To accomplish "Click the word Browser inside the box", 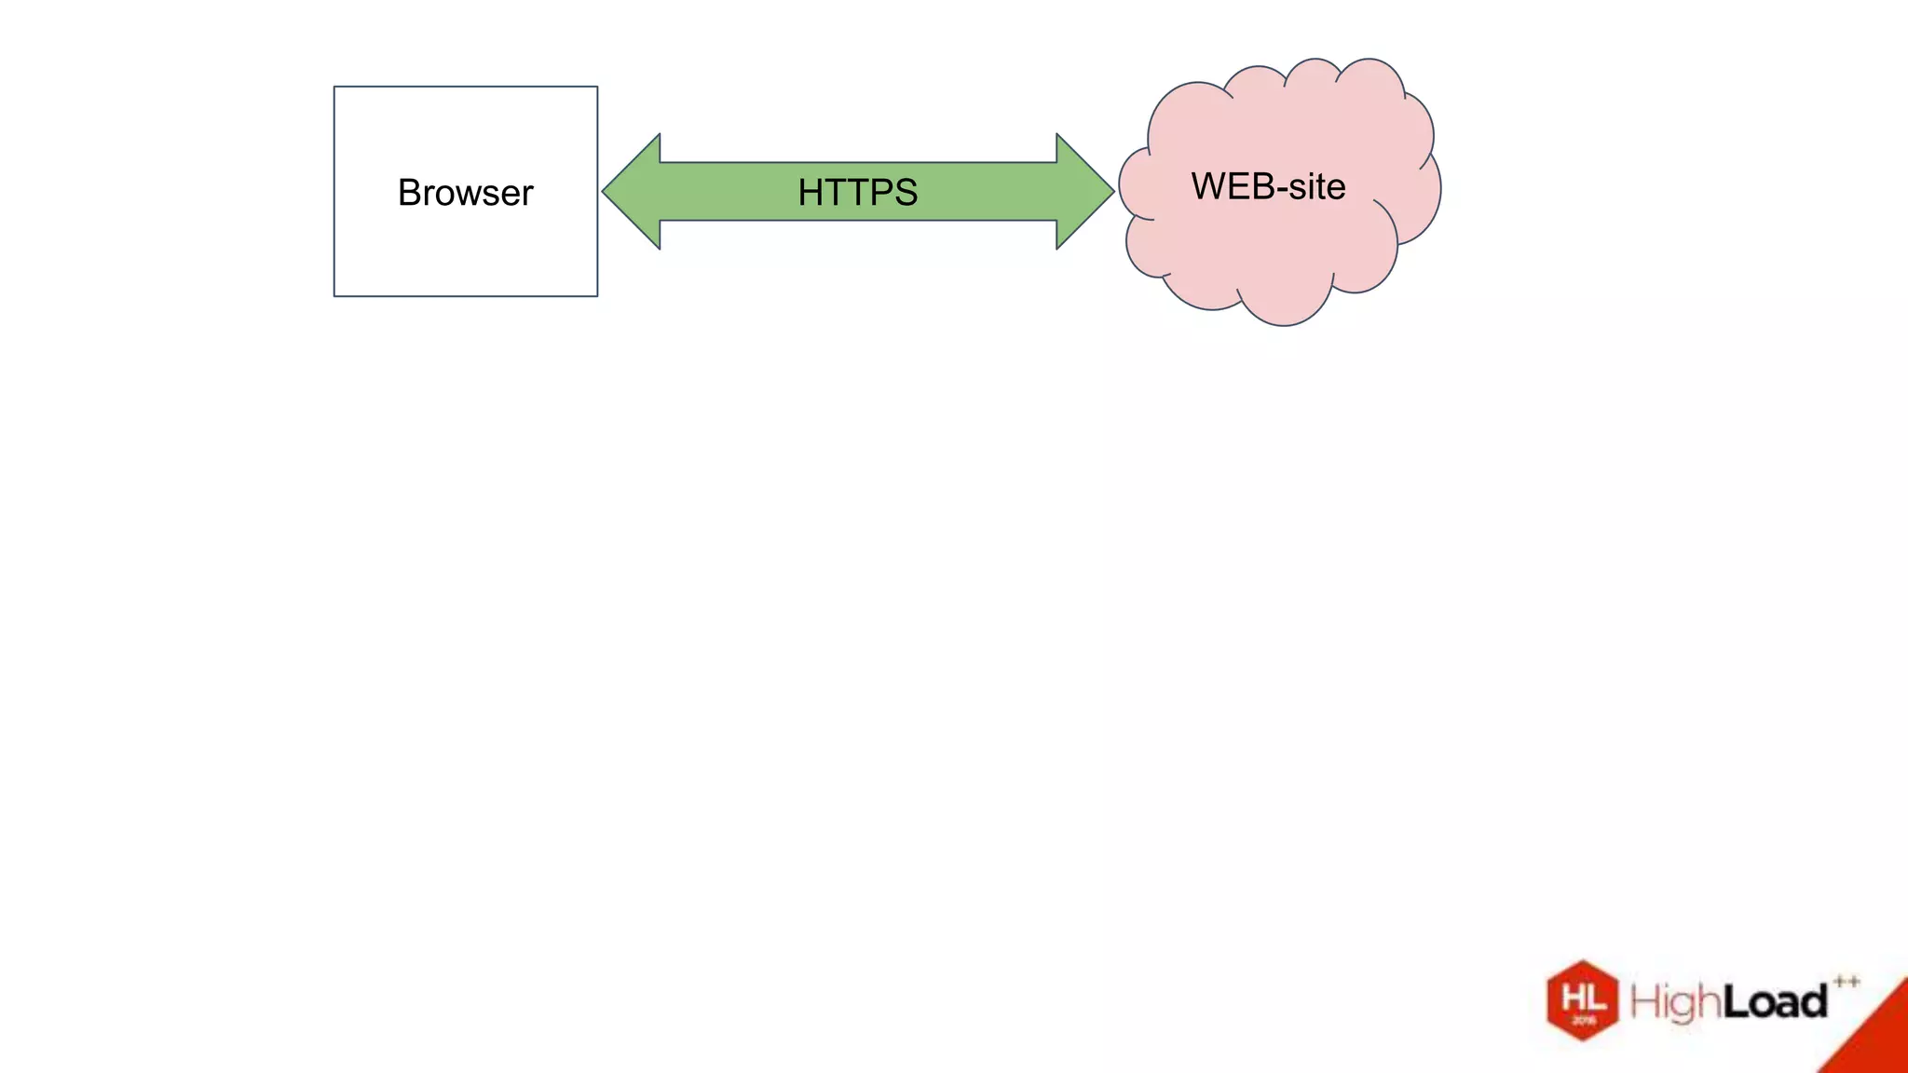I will (x=465, y=193).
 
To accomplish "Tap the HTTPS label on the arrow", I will (x=857, y=193).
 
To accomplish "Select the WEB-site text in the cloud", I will (x=1268, y=186).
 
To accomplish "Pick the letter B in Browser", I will (x=410, y=193).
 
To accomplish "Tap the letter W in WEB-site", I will (x=1208, y=186).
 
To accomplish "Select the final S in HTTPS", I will (x=905, y=193).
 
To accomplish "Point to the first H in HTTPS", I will (x=811, y=193).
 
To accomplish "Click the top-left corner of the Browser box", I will (x=334, y=88).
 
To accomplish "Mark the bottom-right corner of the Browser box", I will (x=597, y=296).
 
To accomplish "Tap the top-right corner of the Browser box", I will (x=597, y=88).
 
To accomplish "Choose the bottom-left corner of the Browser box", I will (x=334, y=296).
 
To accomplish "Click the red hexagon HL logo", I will (x=1582, y=1000).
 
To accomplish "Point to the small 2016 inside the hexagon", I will (x=1583, y=1021).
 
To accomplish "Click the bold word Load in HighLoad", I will (x=1774, y=1002).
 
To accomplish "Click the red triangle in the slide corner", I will (x=1877, y=1039).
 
